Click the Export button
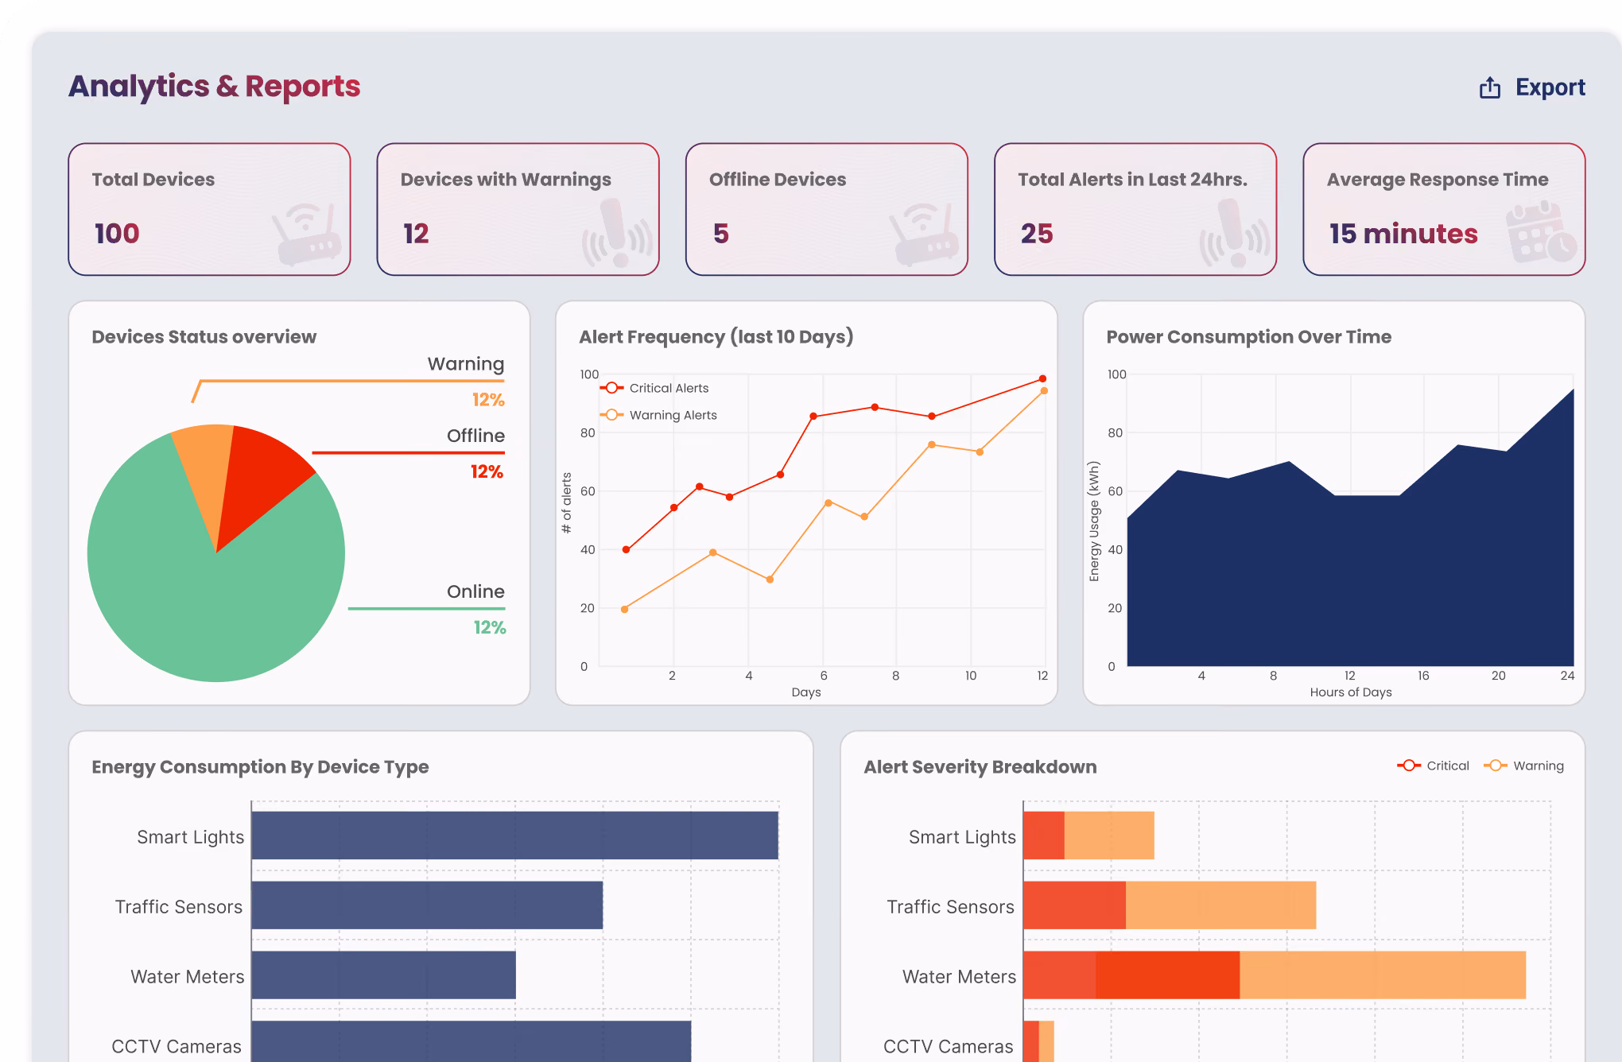point(1532,87)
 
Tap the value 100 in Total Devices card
point(117,234)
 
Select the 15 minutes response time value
point(1403,234)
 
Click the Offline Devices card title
point(778,180)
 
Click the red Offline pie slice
point(258,477)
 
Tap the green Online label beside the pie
point(475,591)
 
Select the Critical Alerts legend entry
point(654,388)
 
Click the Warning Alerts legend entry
point(658,415)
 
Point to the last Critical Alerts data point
point(1042,378)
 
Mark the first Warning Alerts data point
point(624,609)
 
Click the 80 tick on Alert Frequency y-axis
point(588,433)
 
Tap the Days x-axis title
point(806,692)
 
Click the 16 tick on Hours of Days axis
point(1423,676)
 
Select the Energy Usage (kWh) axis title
point(1094,521)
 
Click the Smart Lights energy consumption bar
point(514,835)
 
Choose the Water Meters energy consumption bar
point(383,975)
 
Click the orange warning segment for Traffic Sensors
point(1220,905)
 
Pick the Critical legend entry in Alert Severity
point(1433,765)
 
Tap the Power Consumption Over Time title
point(1248,337)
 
